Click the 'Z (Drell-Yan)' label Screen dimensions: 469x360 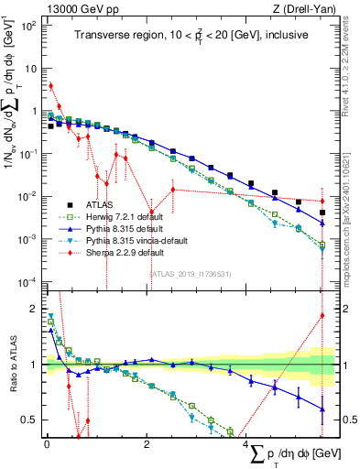[296, 8]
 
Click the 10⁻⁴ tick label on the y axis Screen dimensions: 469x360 [27, 280]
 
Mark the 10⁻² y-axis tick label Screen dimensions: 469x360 [27, 196]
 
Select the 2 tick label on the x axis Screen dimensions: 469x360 [147, 443]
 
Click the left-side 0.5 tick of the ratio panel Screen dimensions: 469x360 [31, 420]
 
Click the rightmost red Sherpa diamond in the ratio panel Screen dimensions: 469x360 [322, 316]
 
